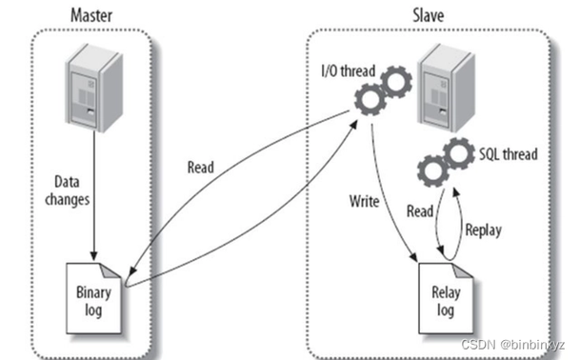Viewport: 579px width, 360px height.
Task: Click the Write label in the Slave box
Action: click(x=363, y=202)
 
